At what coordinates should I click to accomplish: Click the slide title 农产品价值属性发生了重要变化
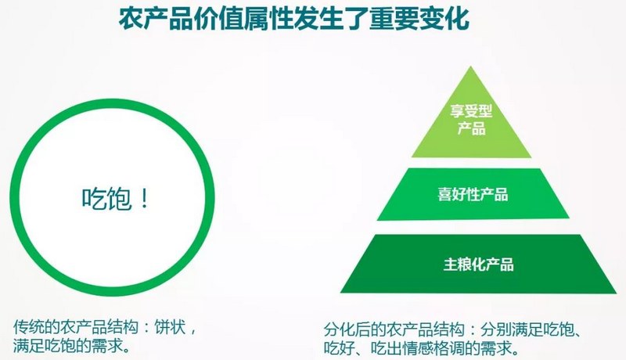294,18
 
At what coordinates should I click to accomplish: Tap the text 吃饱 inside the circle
106,198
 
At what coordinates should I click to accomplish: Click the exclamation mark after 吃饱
145,198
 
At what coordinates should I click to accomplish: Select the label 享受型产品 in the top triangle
471,120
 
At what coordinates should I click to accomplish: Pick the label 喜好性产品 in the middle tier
473,194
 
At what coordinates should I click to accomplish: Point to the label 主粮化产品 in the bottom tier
478,265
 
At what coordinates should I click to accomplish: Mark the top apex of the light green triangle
471,67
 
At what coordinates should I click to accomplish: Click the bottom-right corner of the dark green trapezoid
616,293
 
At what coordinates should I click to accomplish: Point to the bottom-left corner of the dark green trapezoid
341,292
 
